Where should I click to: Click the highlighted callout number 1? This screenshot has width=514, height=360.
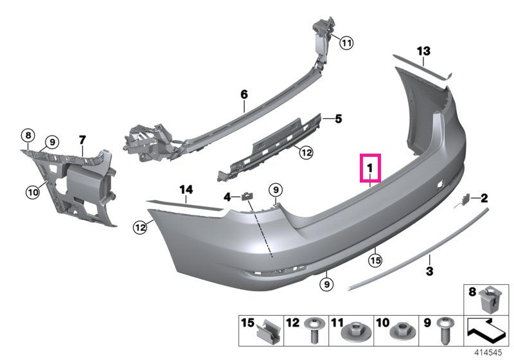[x=370, y=168]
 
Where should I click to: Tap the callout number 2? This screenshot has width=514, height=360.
[x=484, y=198]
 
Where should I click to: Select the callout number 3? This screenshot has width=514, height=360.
[x=429, y=271]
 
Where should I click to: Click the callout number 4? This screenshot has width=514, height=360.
[x=227, y=197]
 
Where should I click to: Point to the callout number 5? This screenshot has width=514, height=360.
[x=339, y=119]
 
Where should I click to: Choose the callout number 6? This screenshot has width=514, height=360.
[x=244, y=94]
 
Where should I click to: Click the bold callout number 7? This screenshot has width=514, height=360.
[x=82, y=140]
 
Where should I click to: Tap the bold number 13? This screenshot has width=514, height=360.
[x=423, y=51]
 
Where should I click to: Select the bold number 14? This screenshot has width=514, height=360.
[x=186, y=190]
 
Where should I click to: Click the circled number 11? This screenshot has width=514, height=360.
[x=346, y=42]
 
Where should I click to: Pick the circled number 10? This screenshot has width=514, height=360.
[x=33, y=192]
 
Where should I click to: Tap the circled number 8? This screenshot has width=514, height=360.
[x=28, y=135]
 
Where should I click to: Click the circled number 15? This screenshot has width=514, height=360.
[x=375, y=260]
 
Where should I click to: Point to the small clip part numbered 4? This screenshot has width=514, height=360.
[x=247, y=196]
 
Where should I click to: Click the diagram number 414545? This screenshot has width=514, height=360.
[x=488, y=352]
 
